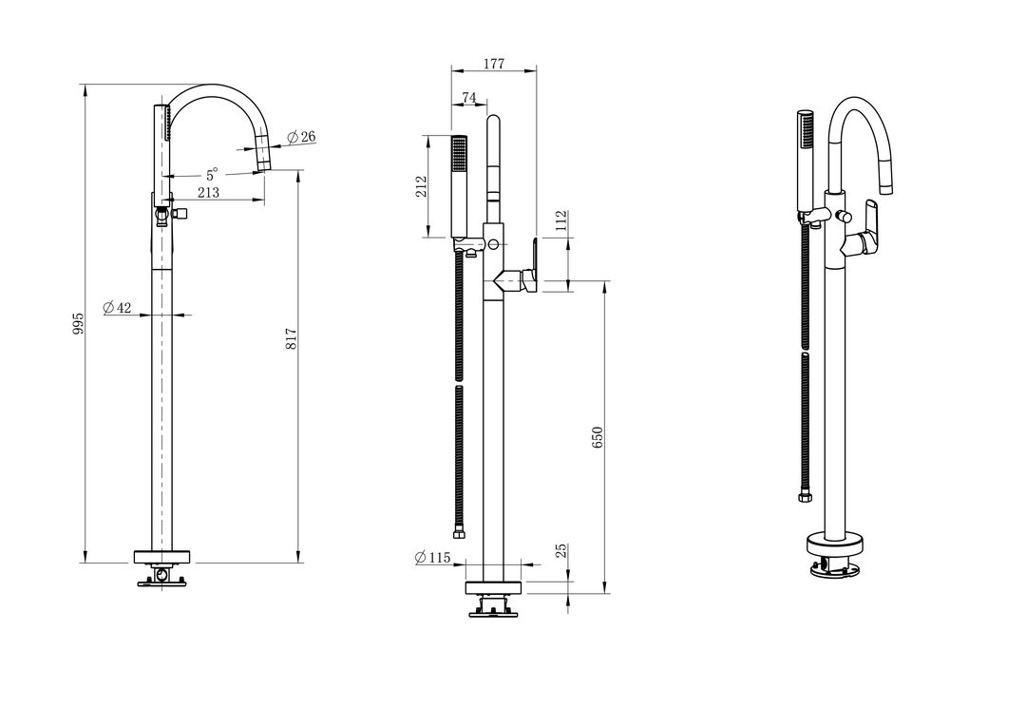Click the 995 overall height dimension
coord(78,323)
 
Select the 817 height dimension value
coord(292,337)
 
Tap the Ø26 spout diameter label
coord(301,137)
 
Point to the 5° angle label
coord(211,175)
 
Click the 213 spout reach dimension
coord(208,192)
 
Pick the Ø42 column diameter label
coord(117,307)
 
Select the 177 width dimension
coord(494,64)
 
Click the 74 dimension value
coord(469,98)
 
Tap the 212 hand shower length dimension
coord(422,186)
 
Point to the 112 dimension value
coord(560,221)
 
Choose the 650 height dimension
coord(597,437)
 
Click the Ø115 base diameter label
coord(432,557)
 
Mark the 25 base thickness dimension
coord(560,550)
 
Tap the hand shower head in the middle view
coord(460,186)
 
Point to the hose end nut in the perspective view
coord(805,498)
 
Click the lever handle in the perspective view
coord(869,226)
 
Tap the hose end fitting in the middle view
coord(461,533)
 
